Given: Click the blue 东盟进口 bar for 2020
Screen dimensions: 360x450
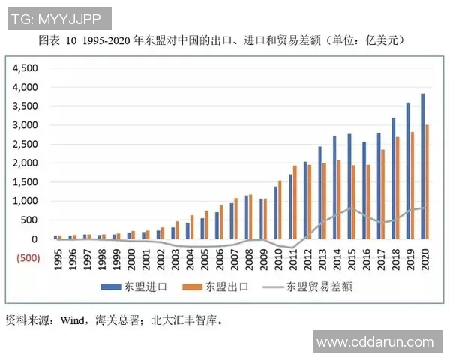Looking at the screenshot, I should [422, 166].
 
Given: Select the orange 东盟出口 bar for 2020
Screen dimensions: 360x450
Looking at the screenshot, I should [428, 182].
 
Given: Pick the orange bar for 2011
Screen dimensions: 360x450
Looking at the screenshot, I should [295, 202].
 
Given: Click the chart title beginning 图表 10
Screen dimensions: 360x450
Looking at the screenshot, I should [225, 40].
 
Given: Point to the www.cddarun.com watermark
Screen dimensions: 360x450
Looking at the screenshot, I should [375, 342].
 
